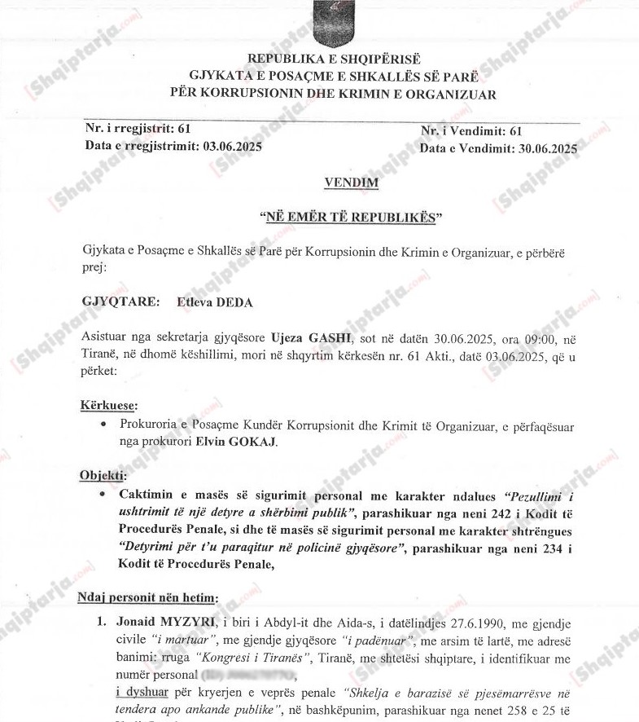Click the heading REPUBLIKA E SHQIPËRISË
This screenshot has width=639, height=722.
coord(333,59)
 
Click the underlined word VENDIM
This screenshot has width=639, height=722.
coord(351,183)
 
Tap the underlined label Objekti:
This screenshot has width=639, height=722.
coord(103,475)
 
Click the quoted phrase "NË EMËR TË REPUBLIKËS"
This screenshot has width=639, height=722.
coord(350,218)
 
